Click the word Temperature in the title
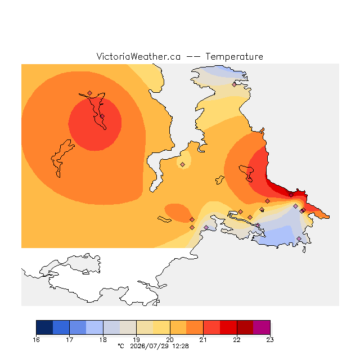click(x=234, y=56)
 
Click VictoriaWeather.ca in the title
click(x=138, y=56)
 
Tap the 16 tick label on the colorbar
click(x=36, y=340)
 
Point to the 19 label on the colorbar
click(x=136, y=340)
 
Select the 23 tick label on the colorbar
click(x=270, y=340)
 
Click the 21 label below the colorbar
click(x=203, y=340)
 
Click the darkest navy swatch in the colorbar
click(x=44, y=327)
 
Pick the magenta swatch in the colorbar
click(x=262, y=327)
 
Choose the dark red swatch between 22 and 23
click(x=245, y=327)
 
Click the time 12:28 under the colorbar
click(x=181, y=346)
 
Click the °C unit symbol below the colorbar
click(x=121, y=346)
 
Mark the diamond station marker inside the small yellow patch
click(x=182, y=164)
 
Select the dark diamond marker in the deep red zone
click(x=291, y=195)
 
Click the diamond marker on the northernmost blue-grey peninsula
click(x=234, y=85)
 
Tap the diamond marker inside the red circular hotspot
click(x=102, y=116)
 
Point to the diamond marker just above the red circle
click(x=90, y=93)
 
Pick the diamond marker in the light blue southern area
click(x=299, y=238)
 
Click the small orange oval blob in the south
click(x=178, y=213)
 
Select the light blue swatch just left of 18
click(x=94, y=327)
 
